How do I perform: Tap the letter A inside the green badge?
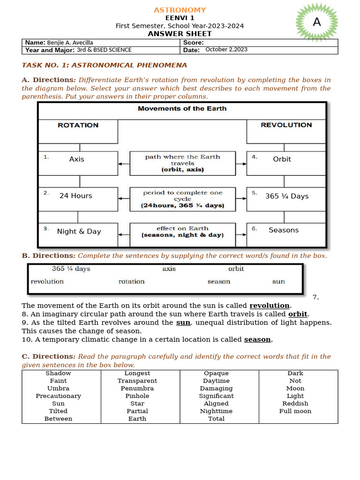click(x=317, y=22)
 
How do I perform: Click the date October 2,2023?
click(x=226, y=50)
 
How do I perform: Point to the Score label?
click(x=194, y=43)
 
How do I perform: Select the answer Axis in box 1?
click(x=76, y=159)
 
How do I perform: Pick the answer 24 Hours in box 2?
click(x=75, y=196)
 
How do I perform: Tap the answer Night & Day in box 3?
click(x=79, y=232)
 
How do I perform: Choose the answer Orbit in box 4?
click(x=282, y=159)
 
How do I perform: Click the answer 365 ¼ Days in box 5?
click(x=287, y=196)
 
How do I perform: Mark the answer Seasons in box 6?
click(x=284, y=230)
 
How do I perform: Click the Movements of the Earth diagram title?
click(x=182, y=109)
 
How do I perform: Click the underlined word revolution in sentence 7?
click(x=270, y=306)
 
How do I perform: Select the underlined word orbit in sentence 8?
click(x=298, y=314)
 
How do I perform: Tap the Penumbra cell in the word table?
click(x=137, y=389)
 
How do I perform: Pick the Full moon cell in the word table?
click(x=295, y=411)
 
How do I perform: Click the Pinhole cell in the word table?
click(x=137, y=396)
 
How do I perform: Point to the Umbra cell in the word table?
click(x=58, y=389)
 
